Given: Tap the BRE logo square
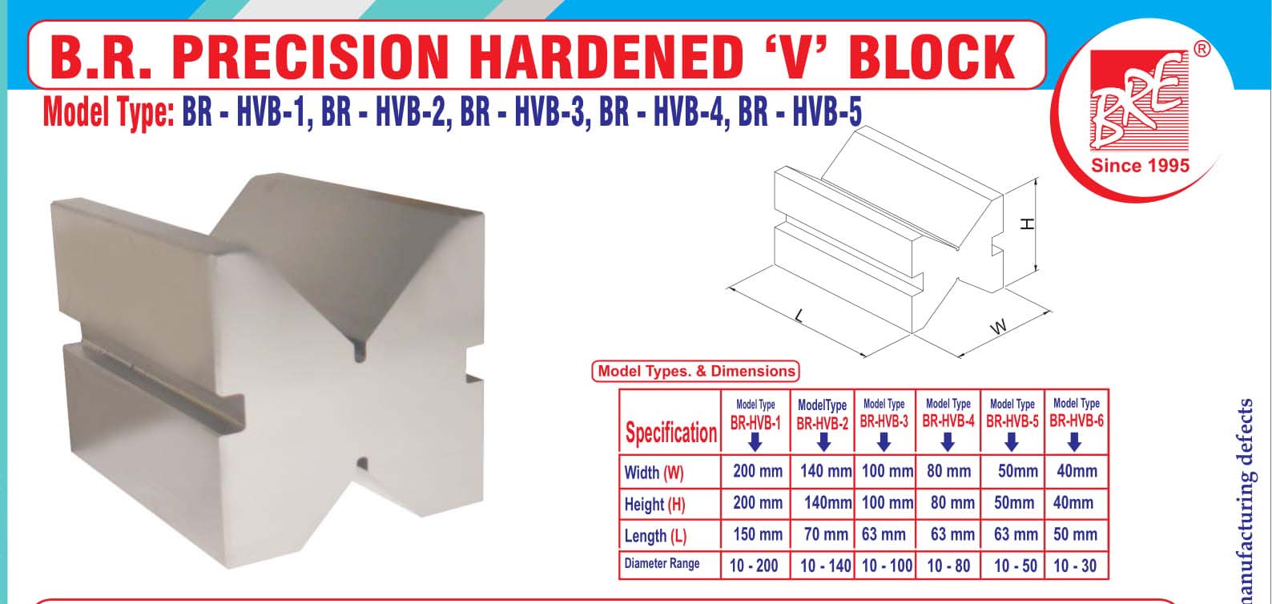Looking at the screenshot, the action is [x=1139, y=100].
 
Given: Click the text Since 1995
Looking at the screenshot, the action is [x=1141, y=166].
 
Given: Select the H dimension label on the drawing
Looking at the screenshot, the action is [x=1027, y=224].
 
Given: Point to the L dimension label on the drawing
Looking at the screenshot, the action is [x=799, y=316].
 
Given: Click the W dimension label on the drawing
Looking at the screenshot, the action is [x=998, y=327].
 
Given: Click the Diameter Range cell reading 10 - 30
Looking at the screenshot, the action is [x=1075, y=566].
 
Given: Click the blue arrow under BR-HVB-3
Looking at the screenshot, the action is [x=884, y=442].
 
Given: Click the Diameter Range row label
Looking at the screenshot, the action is [x=662, y=564].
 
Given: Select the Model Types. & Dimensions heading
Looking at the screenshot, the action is [x=696, y=371].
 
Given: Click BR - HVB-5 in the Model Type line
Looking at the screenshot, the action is [x=799, y=111].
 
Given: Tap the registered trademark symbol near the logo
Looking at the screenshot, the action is [x=1202, y=50].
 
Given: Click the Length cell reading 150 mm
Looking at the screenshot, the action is [x=758, y=534].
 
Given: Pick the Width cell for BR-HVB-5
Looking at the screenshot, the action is [x=1017, y=471].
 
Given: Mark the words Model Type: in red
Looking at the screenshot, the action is [x=108, y=112].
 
